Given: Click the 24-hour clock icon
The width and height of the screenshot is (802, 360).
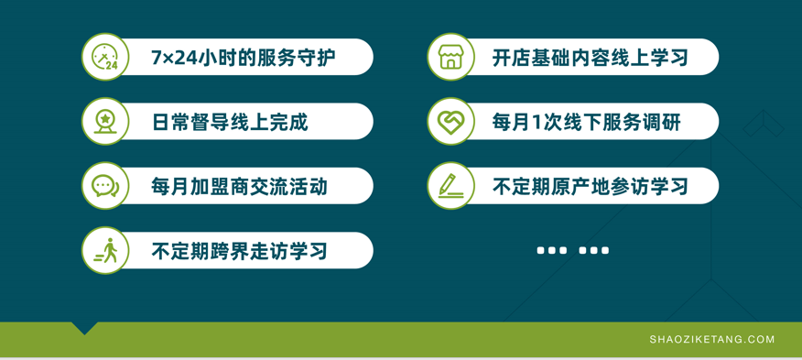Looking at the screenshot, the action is (105, 57).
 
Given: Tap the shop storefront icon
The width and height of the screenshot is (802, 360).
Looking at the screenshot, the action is (450, 57).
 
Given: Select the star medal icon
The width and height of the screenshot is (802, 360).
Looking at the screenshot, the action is (105, 122).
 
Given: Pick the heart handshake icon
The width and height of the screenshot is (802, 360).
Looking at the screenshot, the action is (450, 121).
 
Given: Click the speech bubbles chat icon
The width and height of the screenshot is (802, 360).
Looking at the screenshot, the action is (105, 186).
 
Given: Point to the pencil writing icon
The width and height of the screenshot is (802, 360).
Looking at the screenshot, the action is (450, 185).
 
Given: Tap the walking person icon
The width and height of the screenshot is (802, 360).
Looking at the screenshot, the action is (106, 250).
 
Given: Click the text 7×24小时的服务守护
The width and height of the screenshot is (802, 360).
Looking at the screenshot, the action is (244, 58).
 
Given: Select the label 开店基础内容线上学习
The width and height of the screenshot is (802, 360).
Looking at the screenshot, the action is (590, 58).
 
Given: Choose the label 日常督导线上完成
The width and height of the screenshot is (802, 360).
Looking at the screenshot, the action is (230, 122).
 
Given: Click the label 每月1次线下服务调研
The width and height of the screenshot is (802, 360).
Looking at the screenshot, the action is (587, 122).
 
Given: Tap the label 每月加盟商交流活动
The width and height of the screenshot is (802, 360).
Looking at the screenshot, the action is (239, 186).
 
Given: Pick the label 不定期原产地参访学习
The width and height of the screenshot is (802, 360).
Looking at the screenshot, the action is (590, 186).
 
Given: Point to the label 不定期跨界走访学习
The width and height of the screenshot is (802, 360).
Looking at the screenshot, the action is (239, 251).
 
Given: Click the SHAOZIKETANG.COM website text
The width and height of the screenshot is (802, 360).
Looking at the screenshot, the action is (712, 339).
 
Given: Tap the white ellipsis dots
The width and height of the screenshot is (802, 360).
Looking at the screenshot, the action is (573, 250).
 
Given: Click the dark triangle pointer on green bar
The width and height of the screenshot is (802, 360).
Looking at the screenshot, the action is (85, 328).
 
